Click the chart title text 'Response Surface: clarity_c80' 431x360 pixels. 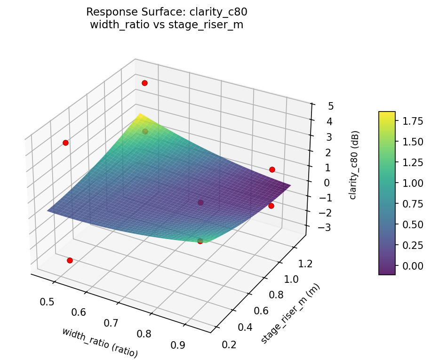[167, 12]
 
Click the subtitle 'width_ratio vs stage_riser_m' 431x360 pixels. [167, 24]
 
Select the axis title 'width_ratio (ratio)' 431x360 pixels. [100, 341]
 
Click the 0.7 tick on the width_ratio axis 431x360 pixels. [112, 323]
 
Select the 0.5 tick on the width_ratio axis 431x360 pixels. [47, 301]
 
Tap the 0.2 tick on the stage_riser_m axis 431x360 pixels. [229, 344]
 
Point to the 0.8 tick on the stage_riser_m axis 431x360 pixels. [273, 295]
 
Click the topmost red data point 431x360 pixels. [144, 83]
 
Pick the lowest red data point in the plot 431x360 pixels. [70, 260]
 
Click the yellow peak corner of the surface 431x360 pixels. [139, 114]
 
